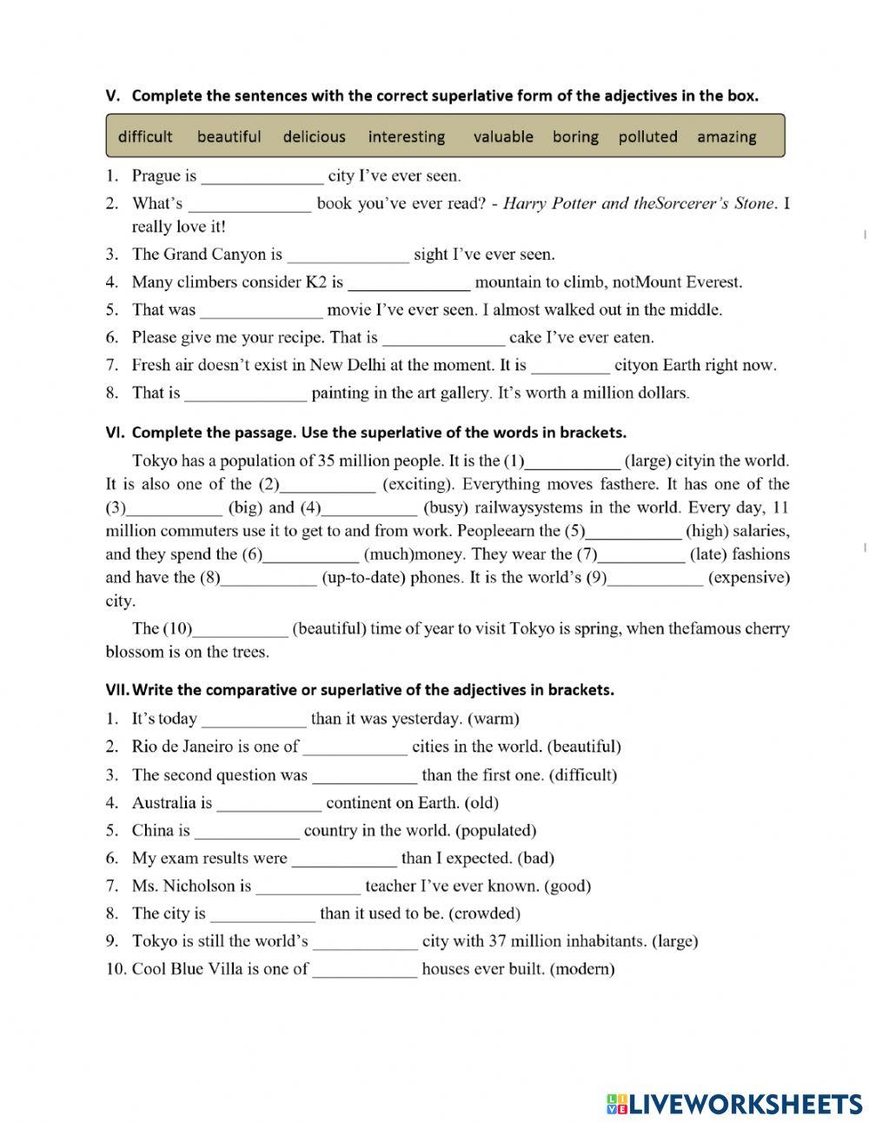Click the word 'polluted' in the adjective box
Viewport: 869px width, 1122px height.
point(647,136)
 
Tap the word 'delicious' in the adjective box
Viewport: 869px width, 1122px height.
point(314,136)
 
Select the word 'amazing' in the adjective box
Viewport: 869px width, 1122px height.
point(726,136)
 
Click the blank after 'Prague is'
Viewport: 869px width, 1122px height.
point(262,177)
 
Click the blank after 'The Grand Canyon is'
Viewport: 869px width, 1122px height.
point(348,256)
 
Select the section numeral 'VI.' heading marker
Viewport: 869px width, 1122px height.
point(116,432)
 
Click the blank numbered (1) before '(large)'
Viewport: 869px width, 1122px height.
point(574,462)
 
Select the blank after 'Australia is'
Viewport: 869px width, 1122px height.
point(269,804)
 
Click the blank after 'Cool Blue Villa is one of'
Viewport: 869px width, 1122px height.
point(365,970)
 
